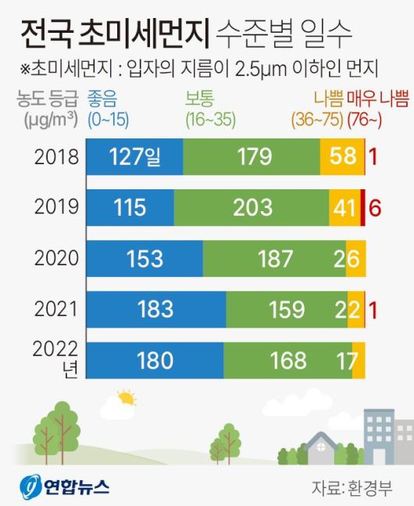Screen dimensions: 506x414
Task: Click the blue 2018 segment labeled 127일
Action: [x=134, y=157]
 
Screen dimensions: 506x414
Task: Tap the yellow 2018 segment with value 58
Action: [x=341, y=157]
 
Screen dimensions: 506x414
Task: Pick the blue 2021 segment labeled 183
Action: [x=155, y=308]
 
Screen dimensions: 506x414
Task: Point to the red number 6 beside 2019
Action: [x=375, y=208]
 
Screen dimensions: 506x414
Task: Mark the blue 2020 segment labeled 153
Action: [x=144, y=258]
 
